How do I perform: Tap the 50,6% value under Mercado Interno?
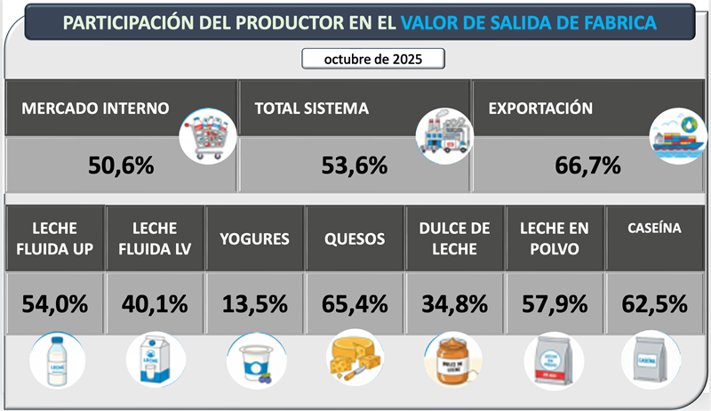122,165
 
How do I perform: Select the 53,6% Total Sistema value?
355,165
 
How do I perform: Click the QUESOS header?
355,238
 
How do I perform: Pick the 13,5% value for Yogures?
255,303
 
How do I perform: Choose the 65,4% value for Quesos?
355,303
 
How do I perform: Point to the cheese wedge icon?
355,361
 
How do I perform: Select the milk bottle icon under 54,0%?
55,361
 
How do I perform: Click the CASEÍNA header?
654,229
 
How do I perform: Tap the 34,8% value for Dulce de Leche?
455,303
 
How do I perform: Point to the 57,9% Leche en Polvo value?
555,303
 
